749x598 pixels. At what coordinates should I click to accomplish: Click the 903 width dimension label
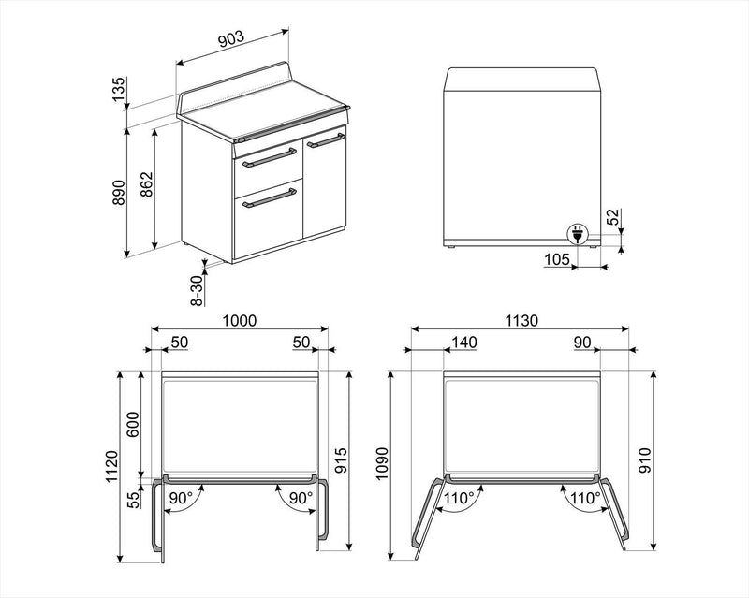pos(231,38)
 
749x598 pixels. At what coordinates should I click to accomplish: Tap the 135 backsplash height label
pos(118,89)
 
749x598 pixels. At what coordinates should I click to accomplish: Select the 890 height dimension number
pos(118,193)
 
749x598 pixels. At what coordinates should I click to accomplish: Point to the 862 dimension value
pos(146,184)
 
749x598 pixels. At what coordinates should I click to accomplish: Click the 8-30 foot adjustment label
pos(197,290)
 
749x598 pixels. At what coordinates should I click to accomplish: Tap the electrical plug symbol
pos(577,235)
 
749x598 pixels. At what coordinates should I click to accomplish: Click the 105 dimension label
pos(557,259)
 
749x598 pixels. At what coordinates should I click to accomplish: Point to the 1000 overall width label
pos(240,320)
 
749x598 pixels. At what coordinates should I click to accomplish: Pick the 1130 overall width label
pos(521,320)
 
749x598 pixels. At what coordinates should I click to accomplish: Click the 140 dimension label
pos(464,342)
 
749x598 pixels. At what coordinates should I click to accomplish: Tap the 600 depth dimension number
pos(132,424)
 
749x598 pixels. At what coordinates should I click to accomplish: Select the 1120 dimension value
pos(111,466)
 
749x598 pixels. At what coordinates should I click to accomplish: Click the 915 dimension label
pos(341,460)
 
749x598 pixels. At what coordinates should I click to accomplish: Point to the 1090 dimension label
pos(383,464)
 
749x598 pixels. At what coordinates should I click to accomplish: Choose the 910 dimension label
pos(645,460)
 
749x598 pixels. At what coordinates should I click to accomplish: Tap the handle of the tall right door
pos(325,140)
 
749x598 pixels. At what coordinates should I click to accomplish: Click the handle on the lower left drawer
pos(270,198)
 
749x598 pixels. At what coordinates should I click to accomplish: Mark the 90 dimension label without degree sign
pos(582,342)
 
